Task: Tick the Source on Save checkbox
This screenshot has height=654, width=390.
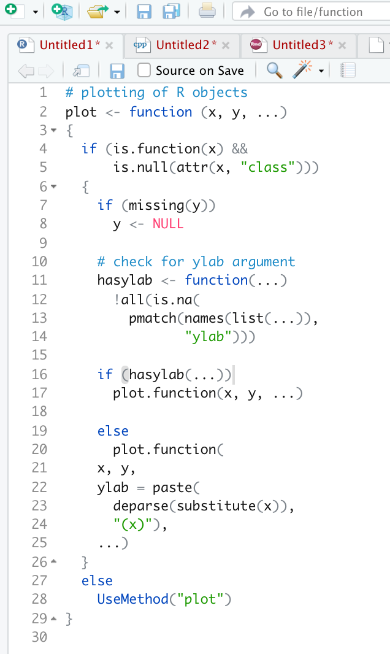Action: pos(144,71)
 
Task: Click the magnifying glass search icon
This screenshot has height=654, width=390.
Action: pos(275,71)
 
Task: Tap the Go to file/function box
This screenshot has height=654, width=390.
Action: pos(312,12)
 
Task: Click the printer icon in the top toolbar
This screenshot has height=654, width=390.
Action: pos(207,11)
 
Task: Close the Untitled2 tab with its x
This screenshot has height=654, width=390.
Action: pos(226,45)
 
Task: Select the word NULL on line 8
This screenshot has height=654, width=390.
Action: pos(168,224)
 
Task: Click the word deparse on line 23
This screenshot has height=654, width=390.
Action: pos(144,506)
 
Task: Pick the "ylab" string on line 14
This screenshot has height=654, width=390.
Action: pos(208,336)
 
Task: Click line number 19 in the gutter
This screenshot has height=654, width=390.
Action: pos(39,431)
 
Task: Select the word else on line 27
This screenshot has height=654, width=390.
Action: pos(97,580)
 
